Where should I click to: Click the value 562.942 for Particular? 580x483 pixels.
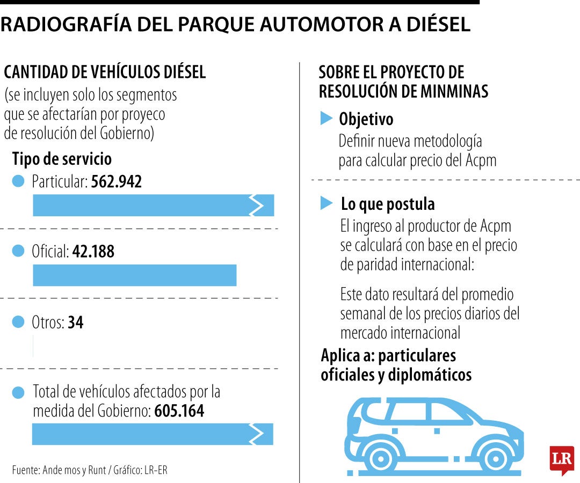coord(117,182)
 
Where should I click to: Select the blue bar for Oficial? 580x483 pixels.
coord(134,275)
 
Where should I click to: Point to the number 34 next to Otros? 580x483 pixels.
coord(76,323)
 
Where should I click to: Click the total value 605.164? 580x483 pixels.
coord(179,411)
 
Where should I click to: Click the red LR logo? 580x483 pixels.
coord(562,459)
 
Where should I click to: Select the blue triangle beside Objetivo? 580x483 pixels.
coord(326,119)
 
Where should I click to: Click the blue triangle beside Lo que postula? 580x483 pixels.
coord(326,203)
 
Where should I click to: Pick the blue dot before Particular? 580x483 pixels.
coord(18,182)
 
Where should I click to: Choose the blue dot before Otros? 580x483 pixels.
coord(18,322)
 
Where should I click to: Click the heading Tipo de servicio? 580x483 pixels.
coord(62,159)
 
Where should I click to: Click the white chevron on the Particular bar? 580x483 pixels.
coord(257,206)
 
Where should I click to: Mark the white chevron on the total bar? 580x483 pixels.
coord(257,434)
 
